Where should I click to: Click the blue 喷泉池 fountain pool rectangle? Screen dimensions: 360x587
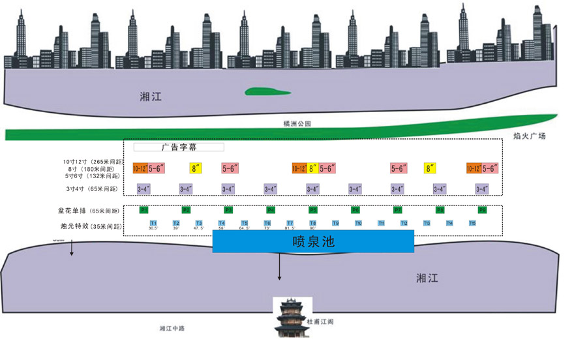313,241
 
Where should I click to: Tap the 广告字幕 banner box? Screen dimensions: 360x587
179,147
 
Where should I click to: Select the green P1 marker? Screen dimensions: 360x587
144,210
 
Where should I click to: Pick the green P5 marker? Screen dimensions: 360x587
313,210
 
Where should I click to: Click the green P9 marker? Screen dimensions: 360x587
482,210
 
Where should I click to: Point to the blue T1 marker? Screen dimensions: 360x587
153,223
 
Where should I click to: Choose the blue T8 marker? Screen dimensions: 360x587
313,223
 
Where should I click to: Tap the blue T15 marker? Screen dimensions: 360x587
472,223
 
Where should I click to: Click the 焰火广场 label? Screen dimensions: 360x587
529,136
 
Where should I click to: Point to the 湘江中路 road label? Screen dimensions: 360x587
172,328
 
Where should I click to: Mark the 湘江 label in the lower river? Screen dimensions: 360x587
427,278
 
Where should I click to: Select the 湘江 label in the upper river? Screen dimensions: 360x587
151,97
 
